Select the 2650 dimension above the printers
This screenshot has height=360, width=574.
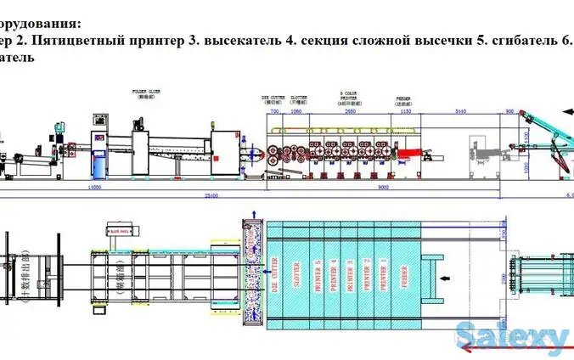[350, 110]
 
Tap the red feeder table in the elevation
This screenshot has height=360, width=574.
[408, 152]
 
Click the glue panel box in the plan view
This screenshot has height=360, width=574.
[122, 229]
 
